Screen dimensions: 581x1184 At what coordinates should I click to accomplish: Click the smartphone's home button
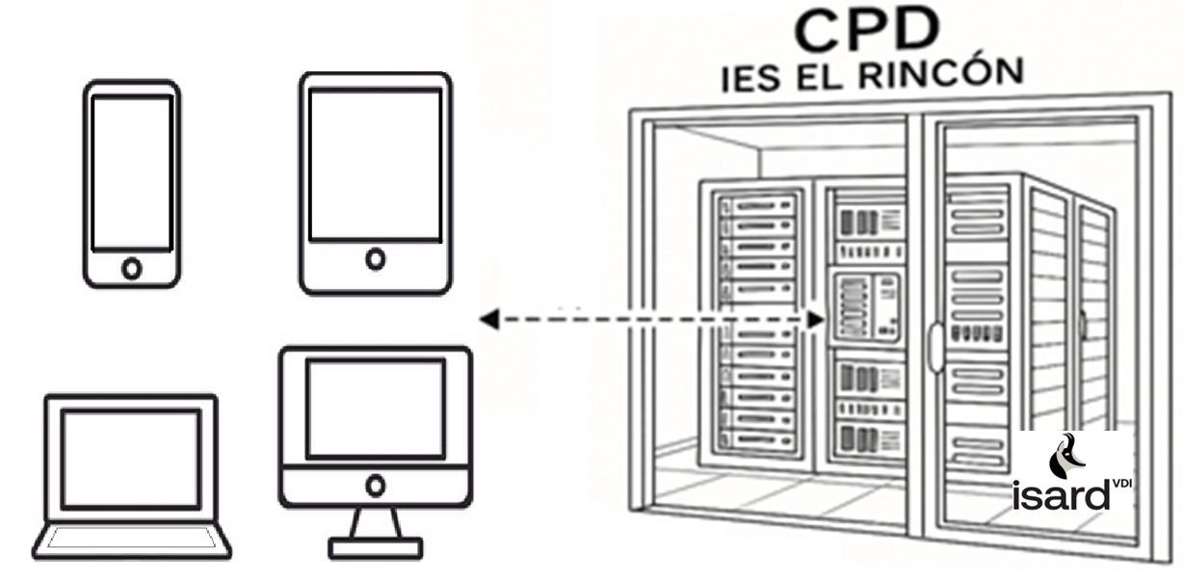131,268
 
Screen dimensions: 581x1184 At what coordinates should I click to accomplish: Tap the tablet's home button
375,258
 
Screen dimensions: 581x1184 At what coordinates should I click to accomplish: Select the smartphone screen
131,173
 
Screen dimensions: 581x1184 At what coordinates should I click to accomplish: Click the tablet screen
375,164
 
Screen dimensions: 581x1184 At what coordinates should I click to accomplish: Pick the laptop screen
131,458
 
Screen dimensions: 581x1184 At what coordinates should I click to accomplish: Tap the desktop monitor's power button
375,484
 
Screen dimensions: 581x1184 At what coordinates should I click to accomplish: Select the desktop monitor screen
375,409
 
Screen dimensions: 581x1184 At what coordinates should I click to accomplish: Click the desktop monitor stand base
375,548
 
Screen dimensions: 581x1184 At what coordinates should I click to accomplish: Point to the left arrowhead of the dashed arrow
489,320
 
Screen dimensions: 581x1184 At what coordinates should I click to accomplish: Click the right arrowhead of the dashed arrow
817,320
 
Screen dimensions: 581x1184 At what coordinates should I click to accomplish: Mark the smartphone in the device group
131,183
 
